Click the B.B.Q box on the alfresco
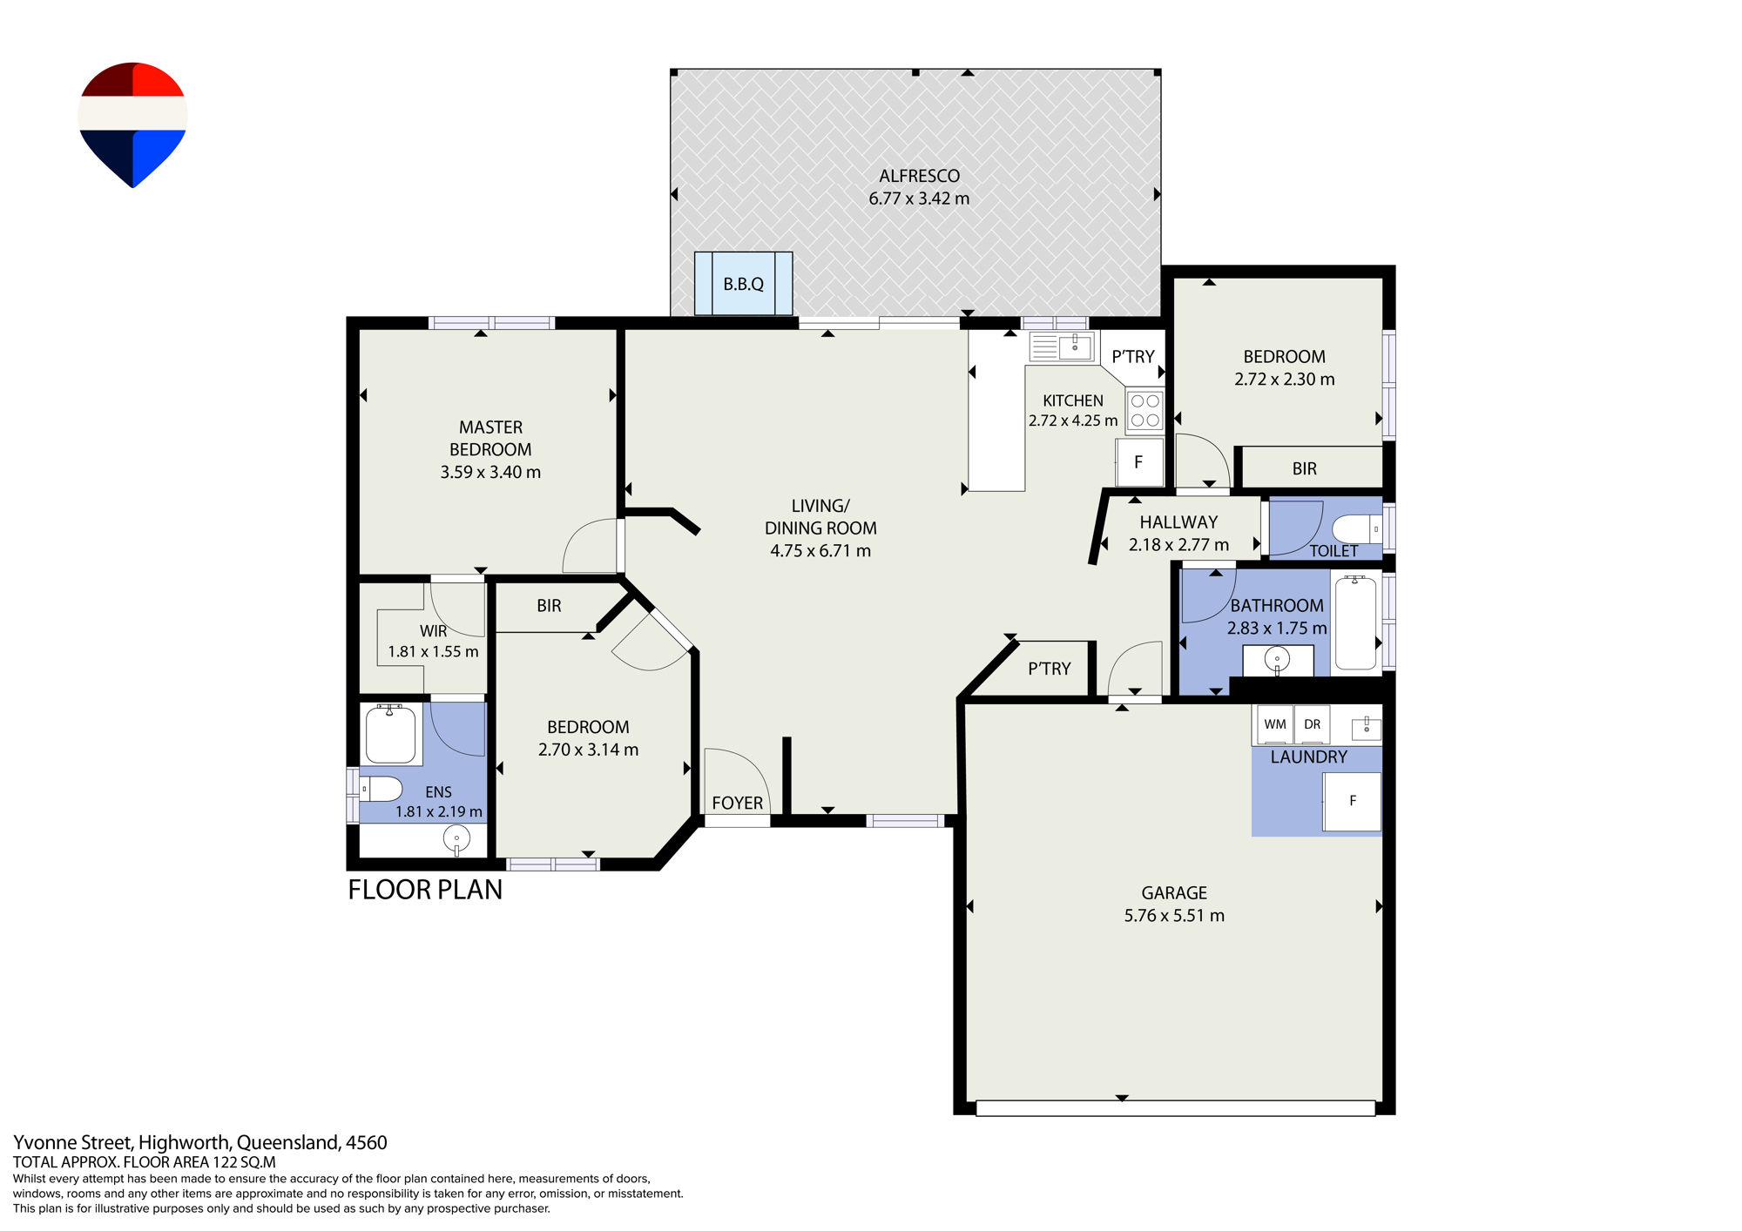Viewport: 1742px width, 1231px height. [743, 284]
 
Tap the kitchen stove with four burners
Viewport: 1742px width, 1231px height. [1145, 411]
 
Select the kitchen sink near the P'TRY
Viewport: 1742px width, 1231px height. [1062, 346]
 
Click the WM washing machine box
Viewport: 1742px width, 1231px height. [1275, 724]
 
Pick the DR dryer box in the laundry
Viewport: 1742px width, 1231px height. [1313, 724]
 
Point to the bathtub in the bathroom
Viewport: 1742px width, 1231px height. [1355, 622]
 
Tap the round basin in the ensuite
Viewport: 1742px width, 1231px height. [456, 839]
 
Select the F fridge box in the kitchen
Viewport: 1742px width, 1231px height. [1139, 462]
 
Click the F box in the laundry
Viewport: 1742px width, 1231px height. [1352, 801]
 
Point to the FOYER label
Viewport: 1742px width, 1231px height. [738, 803]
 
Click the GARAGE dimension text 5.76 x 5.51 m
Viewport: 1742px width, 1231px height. [1174, 916]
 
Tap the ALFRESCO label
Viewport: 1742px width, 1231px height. [919, 176]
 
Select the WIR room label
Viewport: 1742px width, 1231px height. [433, 631]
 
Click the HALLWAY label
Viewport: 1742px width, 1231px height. [1178, 522]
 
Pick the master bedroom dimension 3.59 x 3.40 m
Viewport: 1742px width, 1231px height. [490, 472]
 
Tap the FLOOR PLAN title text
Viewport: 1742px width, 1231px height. [425, 890]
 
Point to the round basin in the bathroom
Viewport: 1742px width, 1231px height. [1277, 658]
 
